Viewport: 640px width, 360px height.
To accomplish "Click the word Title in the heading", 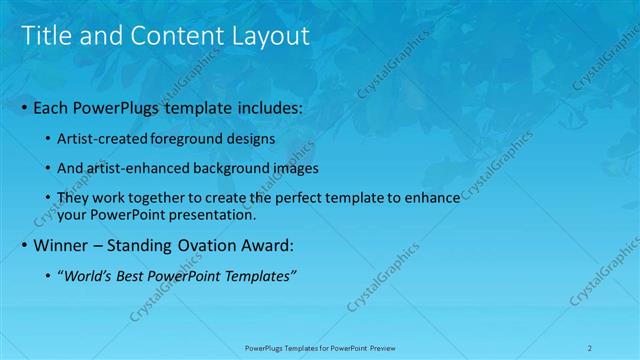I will tap(44, 36).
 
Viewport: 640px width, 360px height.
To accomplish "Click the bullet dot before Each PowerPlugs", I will tap(25, 106).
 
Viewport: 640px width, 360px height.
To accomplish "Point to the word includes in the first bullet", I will tap(271, 106).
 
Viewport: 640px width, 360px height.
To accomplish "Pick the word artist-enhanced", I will tap(140, 168).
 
